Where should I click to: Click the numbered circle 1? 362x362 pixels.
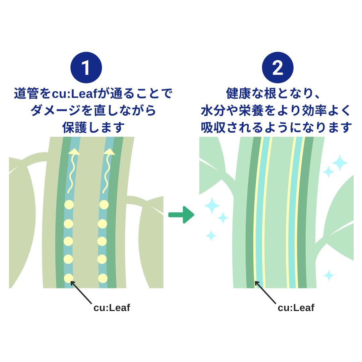click(86, 67)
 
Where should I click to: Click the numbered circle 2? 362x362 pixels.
click(278, 67)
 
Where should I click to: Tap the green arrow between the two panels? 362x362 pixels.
click(181, 215)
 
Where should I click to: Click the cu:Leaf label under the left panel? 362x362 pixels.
click(112, 308)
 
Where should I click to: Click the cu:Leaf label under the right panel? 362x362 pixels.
click(296, 308)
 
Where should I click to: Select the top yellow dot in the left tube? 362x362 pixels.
click(69, 204)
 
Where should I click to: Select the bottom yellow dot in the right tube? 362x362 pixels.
click(103, 278)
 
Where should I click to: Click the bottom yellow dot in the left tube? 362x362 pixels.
click(68, 278)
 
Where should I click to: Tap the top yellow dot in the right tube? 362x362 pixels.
click(104, 204)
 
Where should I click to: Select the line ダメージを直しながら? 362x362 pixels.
click(93, 111)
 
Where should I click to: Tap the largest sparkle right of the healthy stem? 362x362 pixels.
click(340, 163)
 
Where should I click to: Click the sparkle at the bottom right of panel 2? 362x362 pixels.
click(329, 276)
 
